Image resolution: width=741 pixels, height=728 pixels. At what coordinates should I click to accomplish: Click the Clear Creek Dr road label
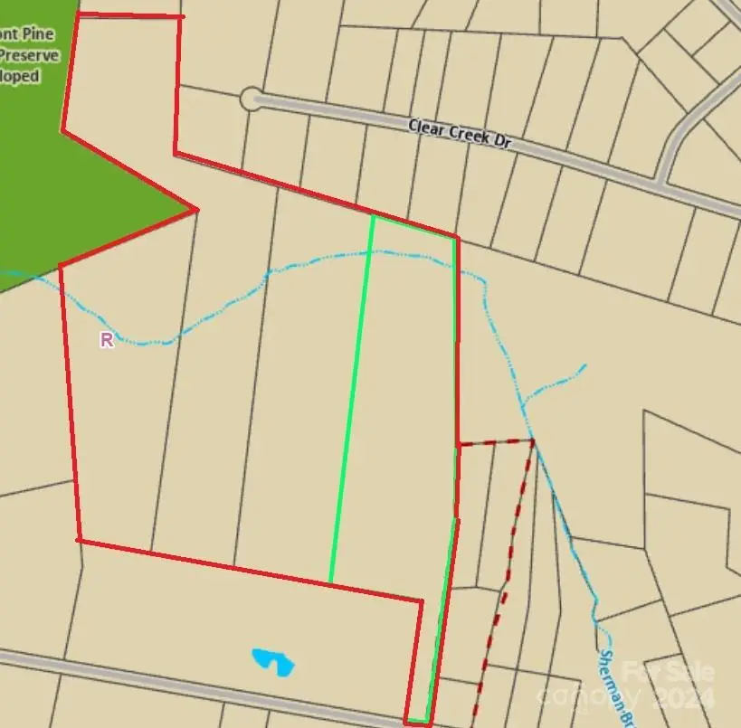pyautogui.click(x=461, y=133)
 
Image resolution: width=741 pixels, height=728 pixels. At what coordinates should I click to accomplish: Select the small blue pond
pyautogui.click(x=273, y=661)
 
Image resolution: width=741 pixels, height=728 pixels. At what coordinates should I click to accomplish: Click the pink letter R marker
pyautogui.click(x=107, y=340)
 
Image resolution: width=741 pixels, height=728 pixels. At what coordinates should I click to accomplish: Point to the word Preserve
pyautogui.click(x=30, y=55)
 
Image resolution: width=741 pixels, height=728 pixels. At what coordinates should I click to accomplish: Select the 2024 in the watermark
pyautogui.click(x=684, y=698)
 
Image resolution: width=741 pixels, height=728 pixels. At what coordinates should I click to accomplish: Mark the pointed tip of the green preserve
pyautogui.click(x=196, y=210)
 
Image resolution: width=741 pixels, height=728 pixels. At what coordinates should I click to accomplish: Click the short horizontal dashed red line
pyautogui.click(x=494, y=443)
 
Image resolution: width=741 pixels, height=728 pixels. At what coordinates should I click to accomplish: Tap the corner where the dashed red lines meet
pyautogui.click(x=532, y=440)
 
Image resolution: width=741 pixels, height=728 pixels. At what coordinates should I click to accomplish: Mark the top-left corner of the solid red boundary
pyautogui.click(x=79, y=15)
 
